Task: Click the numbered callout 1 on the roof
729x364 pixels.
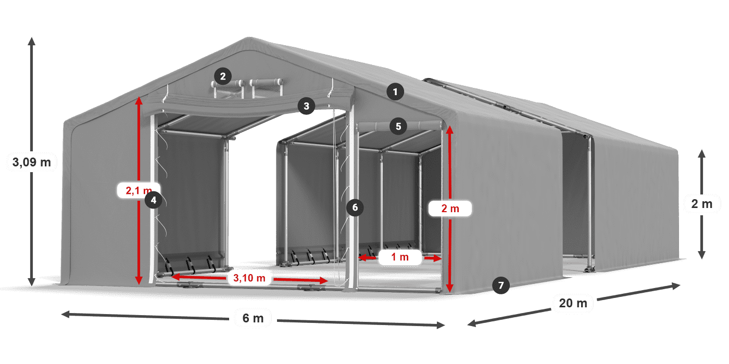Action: click(x=395, y=92)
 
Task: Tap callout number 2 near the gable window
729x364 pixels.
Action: click(x=223, y=76)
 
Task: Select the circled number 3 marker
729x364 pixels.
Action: click(x=306, y=106)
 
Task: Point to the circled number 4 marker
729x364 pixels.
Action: click(x=153, y=200)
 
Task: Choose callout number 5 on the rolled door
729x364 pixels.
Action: click(x=398, y=126)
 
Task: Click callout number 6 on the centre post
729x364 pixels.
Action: click(x=355, y=207)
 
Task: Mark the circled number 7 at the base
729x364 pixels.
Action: click(x=500, y=285)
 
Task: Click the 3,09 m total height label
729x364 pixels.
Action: click(x=32, y=162)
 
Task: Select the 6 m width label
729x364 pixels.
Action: click(x=253, y=318)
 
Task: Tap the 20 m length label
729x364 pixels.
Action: click(x=573, y=303)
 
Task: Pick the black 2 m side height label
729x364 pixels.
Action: click(x=702, y=204)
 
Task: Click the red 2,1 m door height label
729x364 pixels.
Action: click(x=139, y=190)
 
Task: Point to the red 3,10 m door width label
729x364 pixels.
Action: click(x=249, y=278)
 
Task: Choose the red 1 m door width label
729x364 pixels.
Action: click(x=400, y=257)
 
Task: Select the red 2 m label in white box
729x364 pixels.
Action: click(x=450, y=209)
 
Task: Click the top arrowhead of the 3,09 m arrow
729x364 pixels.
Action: click(x=32, y=41)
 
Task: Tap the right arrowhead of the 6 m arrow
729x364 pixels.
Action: click(x=441, y=324)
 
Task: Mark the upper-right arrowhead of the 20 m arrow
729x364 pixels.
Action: click(x=676, y=285)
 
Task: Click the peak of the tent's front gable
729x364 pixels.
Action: click(x=249, y=37)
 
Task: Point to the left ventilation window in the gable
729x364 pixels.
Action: click(x=228, y=88)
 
